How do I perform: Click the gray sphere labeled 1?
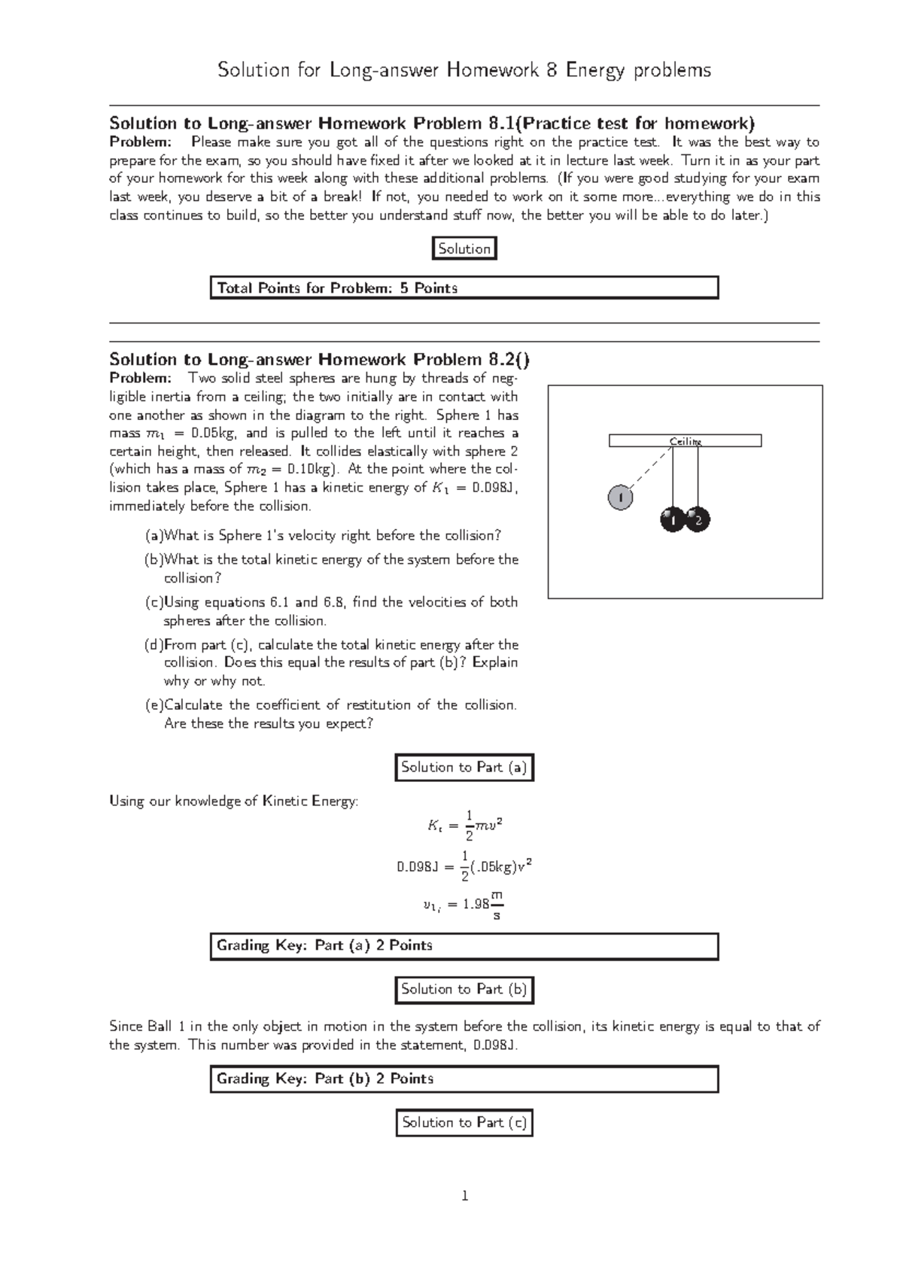tap(619, 498)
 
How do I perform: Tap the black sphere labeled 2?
tap(698, 519)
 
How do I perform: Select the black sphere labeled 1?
tap(672, 519)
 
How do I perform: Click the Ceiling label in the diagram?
tap(686, 441)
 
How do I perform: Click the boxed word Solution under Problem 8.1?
tap(464, 249)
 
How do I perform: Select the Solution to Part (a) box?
tap(464, 768)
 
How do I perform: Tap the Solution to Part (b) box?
tap(464, 989)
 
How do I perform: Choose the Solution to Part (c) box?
tap(464, 1122)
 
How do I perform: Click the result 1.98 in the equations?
tap(476, 905)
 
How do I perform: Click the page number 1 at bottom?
tap(464, 1196)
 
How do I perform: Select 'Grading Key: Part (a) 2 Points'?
tap(324, 945)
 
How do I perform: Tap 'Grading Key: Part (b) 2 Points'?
tap(324, 1079)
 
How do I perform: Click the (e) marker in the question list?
tap(154, 705)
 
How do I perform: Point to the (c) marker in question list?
tap(154, 602)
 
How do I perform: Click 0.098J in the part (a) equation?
tap(417, 867)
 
